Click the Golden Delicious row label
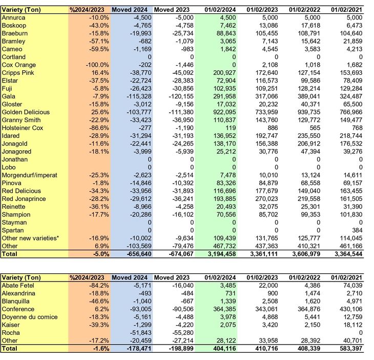(25, 112)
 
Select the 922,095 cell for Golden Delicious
(222, 112)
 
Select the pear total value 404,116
(221, 349)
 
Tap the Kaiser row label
(11, 325)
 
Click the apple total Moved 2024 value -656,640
(135, 254)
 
